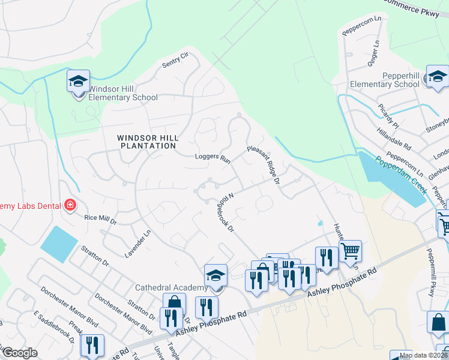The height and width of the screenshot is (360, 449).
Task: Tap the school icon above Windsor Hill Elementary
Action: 78,82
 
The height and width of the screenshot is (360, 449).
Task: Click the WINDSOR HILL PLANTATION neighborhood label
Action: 148,142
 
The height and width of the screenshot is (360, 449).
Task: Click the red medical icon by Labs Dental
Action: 70,205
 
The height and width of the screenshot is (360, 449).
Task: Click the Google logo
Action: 20,353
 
